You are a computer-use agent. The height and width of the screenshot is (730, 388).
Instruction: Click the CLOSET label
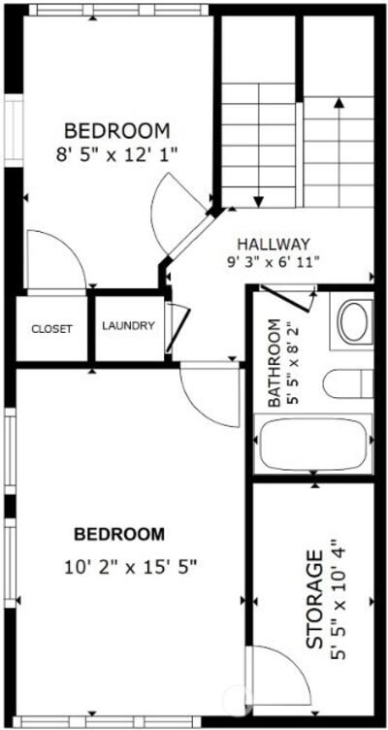click(x=51, y=329)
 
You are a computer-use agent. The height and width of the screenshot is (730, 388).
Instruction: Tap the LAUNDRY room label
click(x=128, y=326)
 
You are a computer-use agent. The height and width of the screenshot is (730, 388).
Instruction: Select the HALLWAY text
click(x=274, y=244)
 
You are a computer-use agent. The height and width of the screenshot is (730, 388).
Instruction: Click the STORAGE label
click(x=315, y=599)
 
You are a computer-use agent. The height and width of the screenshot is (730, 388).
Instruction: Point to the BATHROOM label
click(x=275, y=363)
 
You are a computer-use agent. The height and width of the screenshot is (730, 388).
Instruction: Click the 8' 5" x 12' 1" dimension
click(x=117, y=153)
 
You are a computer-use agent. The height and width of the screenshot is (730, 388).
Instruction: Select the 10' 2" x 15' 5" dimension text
click(x=131, y=567)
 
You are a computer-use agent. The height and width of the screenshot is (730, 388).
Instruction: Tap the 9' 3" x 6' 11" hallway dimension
click(x=273, y=261)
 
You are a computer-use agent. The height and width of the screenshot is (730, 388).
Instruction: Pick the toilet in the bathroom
click(x=348, y=383)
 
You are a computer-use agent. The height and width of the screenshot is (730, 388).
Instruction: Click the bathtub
click(x=313, y=444)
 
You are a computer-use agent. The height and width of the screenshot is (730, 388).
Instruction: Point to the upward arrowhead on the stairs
click(x=339, y=103)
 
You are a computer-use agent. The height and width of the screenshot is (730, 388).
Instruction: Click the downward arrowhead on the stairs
click(x=259, y=202)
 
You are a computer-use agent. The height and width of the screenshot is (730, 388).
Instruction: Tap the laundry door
click(x=178, y=328)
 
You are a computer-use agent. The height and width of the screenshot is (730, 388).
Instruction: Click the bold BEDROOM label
click(x=119, y=535)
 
